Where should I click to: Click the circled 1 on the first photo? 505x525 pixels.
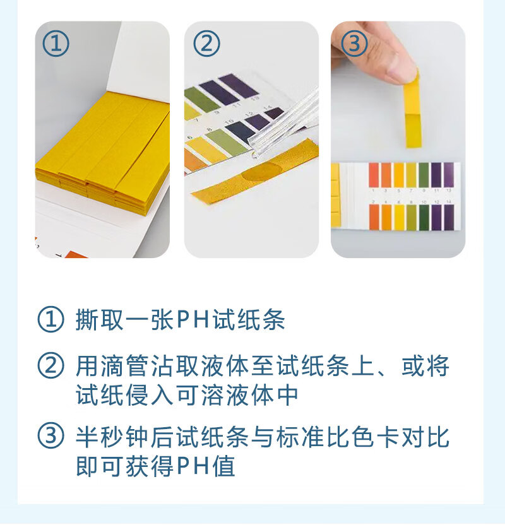point(56,44)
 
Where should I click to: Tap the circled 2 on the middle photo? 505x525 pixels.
point(206,44)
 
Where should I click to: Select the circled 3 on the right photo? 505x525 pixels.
point(354,44)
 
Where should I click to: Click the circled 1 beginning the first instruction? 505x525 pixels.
point(50,319)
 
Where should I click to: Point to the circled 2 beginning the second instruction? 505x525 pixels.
point(50,365)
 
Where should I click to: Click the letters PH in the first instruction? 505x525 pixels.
point(193,319)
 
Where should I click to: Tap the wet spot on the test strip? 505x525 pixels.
point(262,172)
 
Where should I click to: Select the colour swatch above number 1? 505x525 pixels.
point(374,175)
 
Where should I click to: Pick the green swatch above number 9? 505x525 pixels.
point(424,175)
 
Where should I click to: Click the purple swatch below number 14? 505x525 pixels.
point(449,218)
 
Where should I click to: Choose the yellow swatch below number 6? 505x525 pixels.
point(399,218)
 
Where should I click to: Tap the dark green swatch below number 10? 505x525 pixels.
point(424,218)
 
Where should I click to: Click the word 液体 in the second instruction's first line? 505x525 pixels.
point(225,365)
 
